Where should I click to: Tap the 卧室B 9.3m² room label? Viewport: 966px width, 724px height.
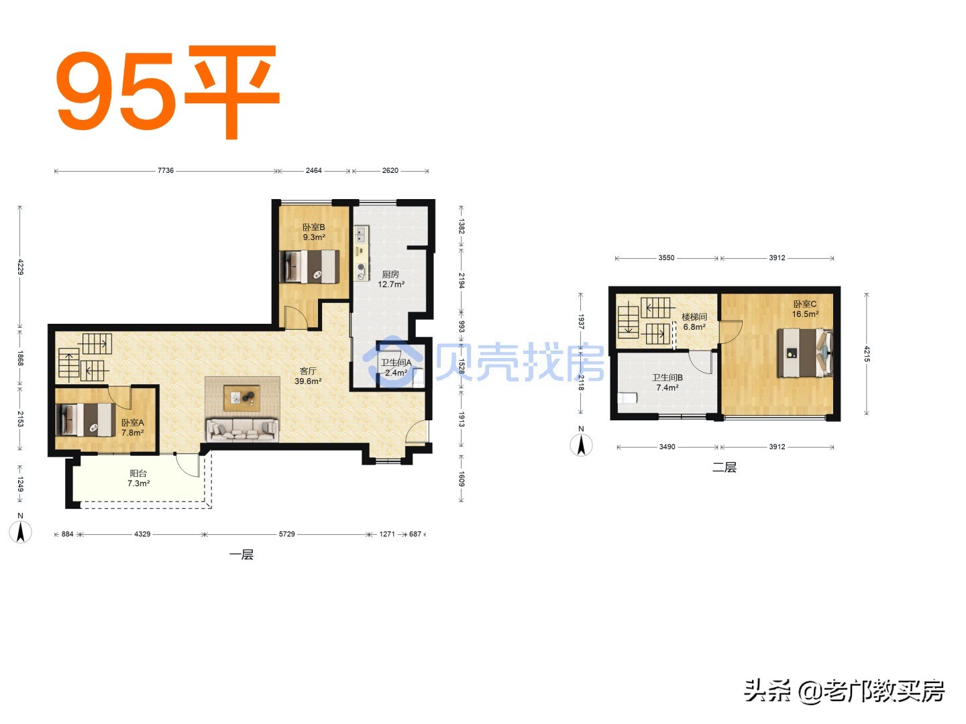click(313, 232)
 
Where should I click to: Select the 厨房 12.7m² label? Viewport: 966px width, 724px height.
click(390, 279)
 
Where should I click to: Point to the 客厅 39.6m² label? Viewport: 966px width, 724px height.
click(308, 376)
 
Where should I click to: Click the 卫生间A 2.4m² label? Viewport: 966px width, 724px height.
click(396, 367)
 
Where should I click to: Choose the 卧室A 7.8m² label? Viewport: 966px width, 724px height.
click(132, 428)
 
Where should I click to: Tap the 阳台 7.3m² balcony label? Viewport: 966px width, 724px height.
click(138, 478)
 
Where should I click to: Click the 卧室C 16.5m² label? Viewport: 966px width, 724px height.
click(805, 309)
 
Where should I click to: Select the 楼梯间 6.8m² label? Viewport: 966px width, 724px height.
click(694, 322)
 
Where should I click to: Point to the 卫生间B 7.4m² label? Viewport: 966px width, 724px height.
click(667, 383)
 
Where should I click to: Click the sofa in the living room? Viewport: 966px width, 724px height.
click(242, 429)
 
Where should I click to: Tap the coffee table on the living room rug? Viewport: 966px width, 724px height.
click(241, 398)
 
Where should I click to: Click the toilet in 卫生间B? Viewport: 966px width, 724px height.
click(627, 398)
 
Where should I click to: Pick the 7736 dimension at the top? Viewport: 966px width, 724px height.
click(166, 170)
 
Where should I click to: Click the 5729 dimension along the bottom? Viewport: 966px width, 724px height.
click(287, 534)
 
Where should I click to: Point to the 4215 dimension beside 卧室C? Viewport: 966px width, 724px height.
click(867, 353)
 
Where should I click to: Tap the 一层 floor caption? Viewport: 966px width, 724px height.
click(241, 554)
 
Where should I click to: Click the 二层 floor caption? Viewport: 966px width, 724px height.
click(724, 467)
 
